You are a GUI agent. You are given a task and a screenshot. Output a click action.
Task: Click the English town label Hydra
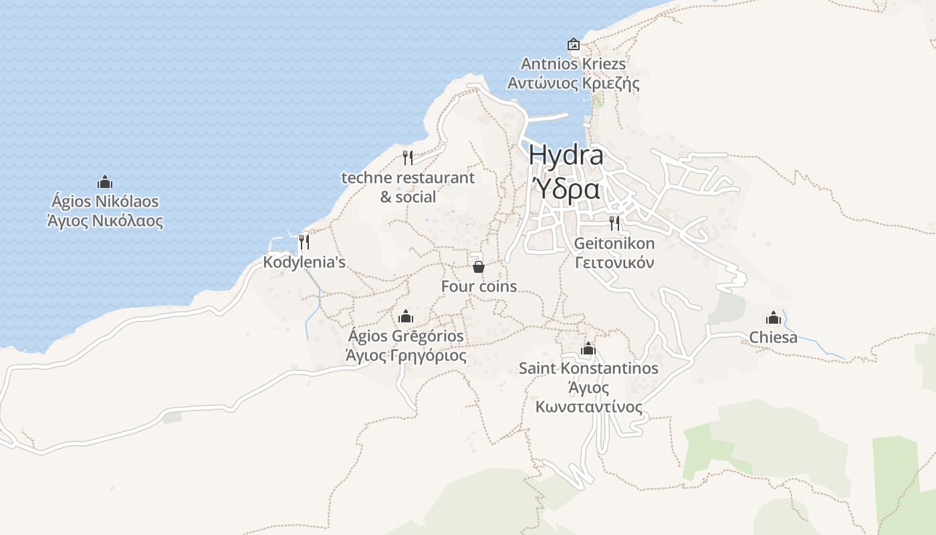click(566, 156)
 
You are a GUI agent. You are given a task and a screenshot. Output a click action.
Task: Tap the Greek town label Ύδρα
click(566, 189)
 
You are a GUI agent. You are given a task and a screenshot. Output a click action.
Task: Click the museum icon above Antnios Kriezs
click(574, 44)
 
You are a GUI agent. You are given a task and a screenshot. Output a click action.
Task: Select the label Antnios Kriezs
click(574, 64)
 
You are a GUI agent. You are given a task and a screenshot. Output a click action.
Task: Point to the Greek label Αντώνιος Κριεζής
click(574, 84)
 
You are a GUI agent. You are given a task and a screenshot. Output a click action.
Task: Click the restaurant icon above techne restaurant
click(408, 158)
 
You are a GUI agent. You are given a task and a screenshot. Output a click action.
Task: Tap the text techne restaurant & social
click(408, 187)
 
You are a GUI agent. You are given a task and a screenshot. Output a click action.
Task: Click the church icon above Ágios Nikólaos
click(105, 182)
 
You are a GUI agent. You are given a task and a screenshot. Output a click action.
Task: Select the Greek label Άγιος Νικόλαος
click(105, 221)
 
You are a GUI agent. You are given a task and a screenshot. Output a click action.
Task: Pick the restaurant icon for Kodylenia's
click(304, 241)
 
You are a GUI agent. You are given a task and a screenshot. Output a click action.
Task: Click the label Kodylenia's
click(304, 262)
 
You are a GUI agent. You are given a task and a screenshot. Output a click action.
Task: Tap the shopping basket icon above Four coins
click(479, 267)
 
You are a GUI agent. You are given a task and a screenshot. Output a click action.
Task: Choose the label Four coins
click(479, 286)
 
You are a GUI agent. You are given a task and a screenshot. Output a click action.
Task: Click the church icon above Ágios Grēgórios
click(405, 316)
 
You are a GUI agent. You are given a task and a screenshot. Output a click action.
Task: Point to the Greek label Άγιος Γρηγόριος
click(405, 355)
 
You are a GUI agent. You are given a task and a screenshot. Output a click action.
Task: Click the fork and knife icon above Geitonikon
click(614, 223)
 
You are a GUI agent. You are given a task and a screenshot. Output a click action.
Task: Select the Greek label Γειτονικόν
click(614, 263)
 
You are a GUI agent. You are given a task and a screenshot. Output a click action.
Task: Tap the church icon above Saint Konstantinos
click(588, 348)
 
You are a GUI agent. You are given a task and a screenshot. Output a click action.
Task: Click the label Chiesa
click(774, 337)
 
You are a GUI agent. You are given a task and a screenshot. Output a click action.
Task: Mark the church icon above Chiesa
click(774, 317)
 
